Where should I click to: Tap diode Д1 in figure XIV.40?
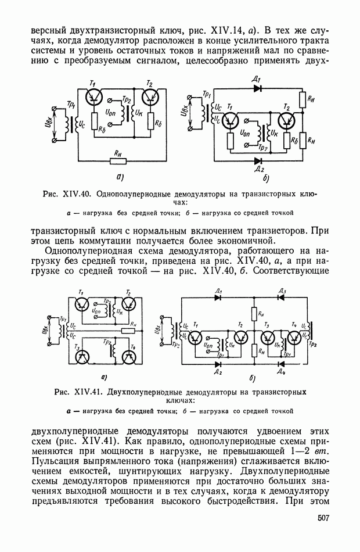(258, 89)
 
